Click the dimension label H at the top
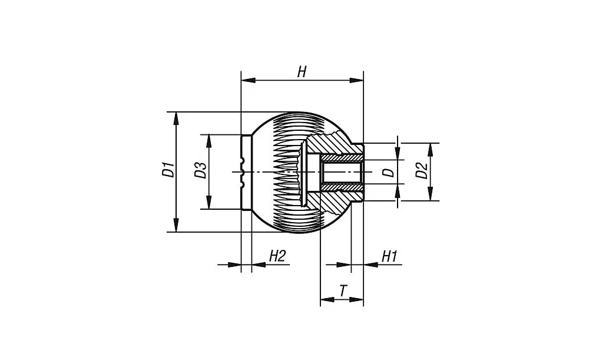[302, 72]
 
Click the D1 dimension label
[168, 171]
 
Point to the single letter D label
[388, 172]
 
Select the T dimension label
[343, 290]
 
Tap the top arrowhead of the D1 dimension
[176, 117]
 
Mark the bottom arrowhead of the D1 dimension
[176, 226]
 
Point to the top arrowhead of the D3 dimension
[208, 140]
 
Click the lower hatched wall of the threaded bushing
[342, 187]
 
